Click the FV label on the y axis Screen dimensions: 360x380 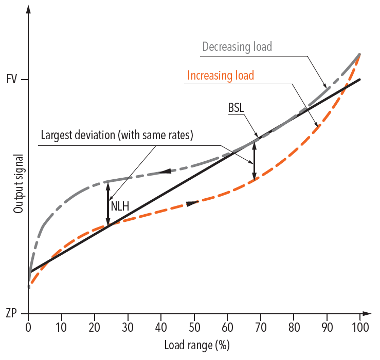[x=12, y=80]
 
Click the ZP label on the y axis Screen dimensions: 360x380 [x=12, y=313]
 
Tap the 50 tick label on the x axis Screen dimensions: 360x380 [x=194, y=327]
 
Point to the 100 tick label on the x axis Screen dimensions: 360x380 [x=359, y=327]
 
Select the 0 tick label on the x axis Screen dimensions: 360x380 [x=28, y=327]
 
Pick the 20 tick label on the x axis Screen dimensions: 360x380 [x=95, y=327]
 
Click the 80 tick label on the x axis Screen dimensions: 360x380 [x=294, y=327]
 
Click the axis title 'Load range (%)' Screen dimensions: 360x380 [x=196, y=345]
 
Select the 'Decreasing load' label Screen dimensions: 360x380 [x=237, y=47]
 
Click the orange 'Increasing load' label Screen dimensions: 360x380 [x=221, y=75]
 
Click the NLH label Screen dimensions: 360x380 [x=119, y=207]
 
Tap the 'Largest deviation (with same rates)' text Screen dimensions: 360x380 [x=117, y=137]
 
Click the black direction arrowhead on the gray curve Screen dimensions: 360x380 [x=166, y=171]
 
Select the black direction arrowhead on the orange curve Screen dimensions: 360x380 [x=191, y=204]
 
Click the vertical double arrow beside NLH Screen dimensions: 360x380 [x=108, y=204]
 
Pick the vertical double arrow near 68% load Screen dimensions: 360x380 [x=254, y=161]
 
